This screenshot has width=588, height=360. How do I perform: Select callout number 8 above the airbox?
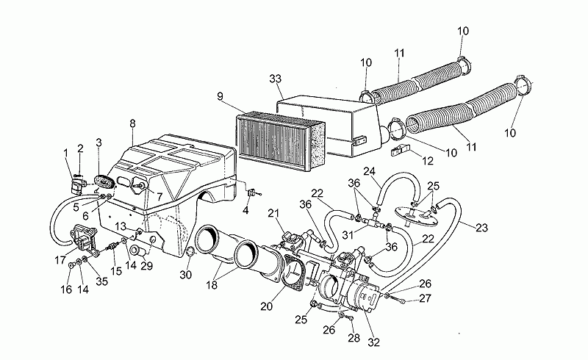tap(132, 123)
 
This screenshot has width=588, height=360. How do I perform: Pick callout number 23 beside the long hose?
tap(481, 227)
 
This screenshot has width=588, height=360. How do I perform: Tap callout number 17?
tap(60, 259)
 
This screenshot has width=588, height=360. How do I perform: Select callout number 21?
tap(273, 213)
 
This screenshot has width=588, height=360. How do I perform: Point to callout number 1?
tap(65, 153)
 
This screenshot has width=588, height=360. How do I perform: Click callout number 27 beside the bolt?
tap(425, 298)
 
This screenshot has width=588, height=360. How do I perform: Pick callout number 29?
tap(146, 265)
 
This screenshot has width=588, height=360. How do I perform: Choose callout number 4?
tap(245, 210)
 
